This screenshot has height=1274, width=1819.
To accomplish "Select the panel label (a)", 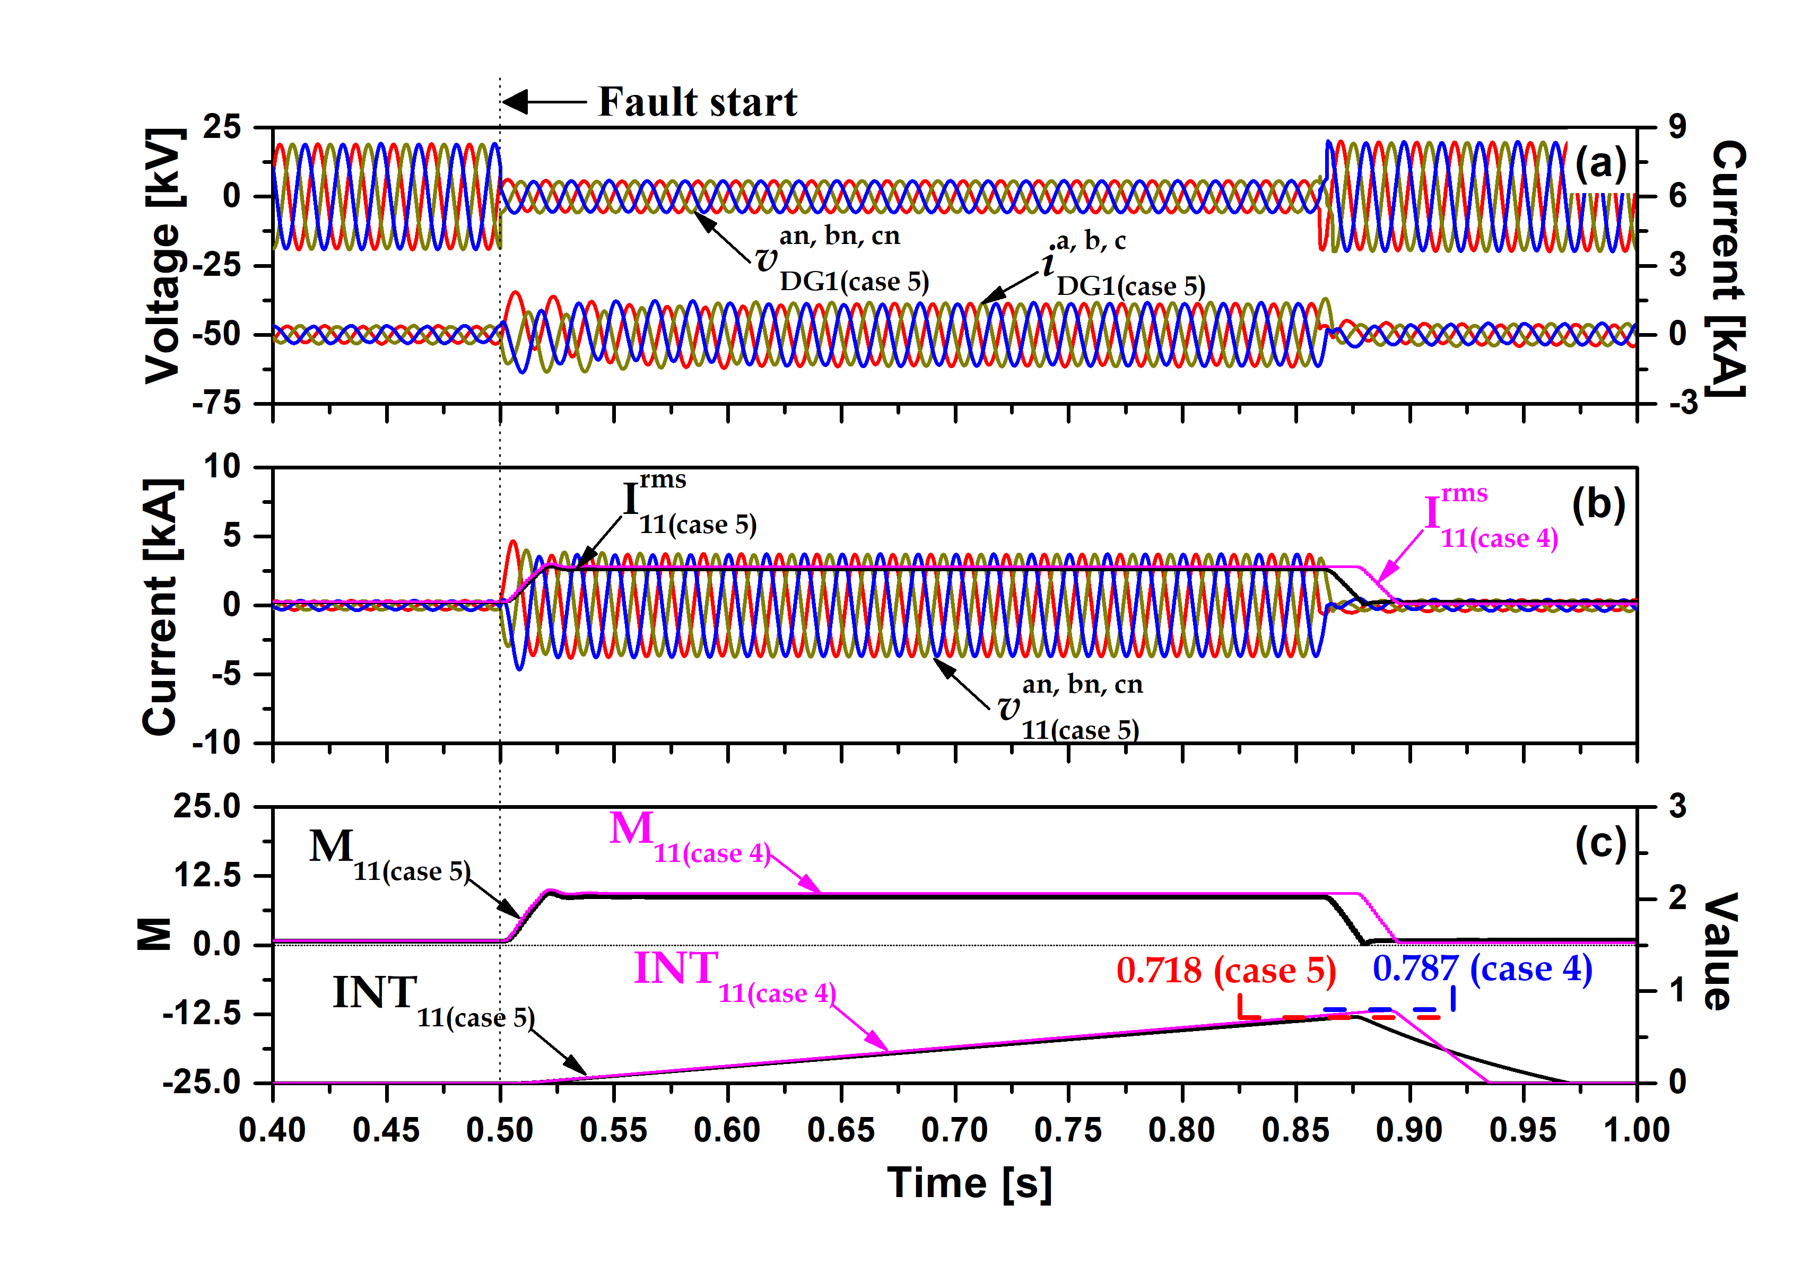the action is coord(1600,163).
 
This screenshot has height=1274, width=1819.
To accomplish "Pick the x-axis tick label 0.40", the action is coord(273,1130).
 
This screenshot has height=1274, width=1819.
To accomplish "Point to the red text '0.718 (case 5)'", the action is coord(1225,971).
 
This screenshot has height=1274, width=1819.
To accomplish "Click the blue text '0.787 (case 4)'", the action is coord(1482,969).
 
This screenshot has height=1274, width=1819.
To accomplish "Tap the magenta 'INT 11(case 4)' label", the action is coord(734,978).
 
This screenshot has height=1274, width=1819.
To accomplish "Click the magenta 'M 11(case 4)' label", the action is coord(689,837).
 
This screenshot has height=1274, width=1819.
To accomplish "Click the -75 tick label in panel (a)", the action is coord(216,403).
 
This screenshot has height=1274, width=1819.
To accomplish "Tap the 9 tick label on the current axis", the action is coord(1678,127).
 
